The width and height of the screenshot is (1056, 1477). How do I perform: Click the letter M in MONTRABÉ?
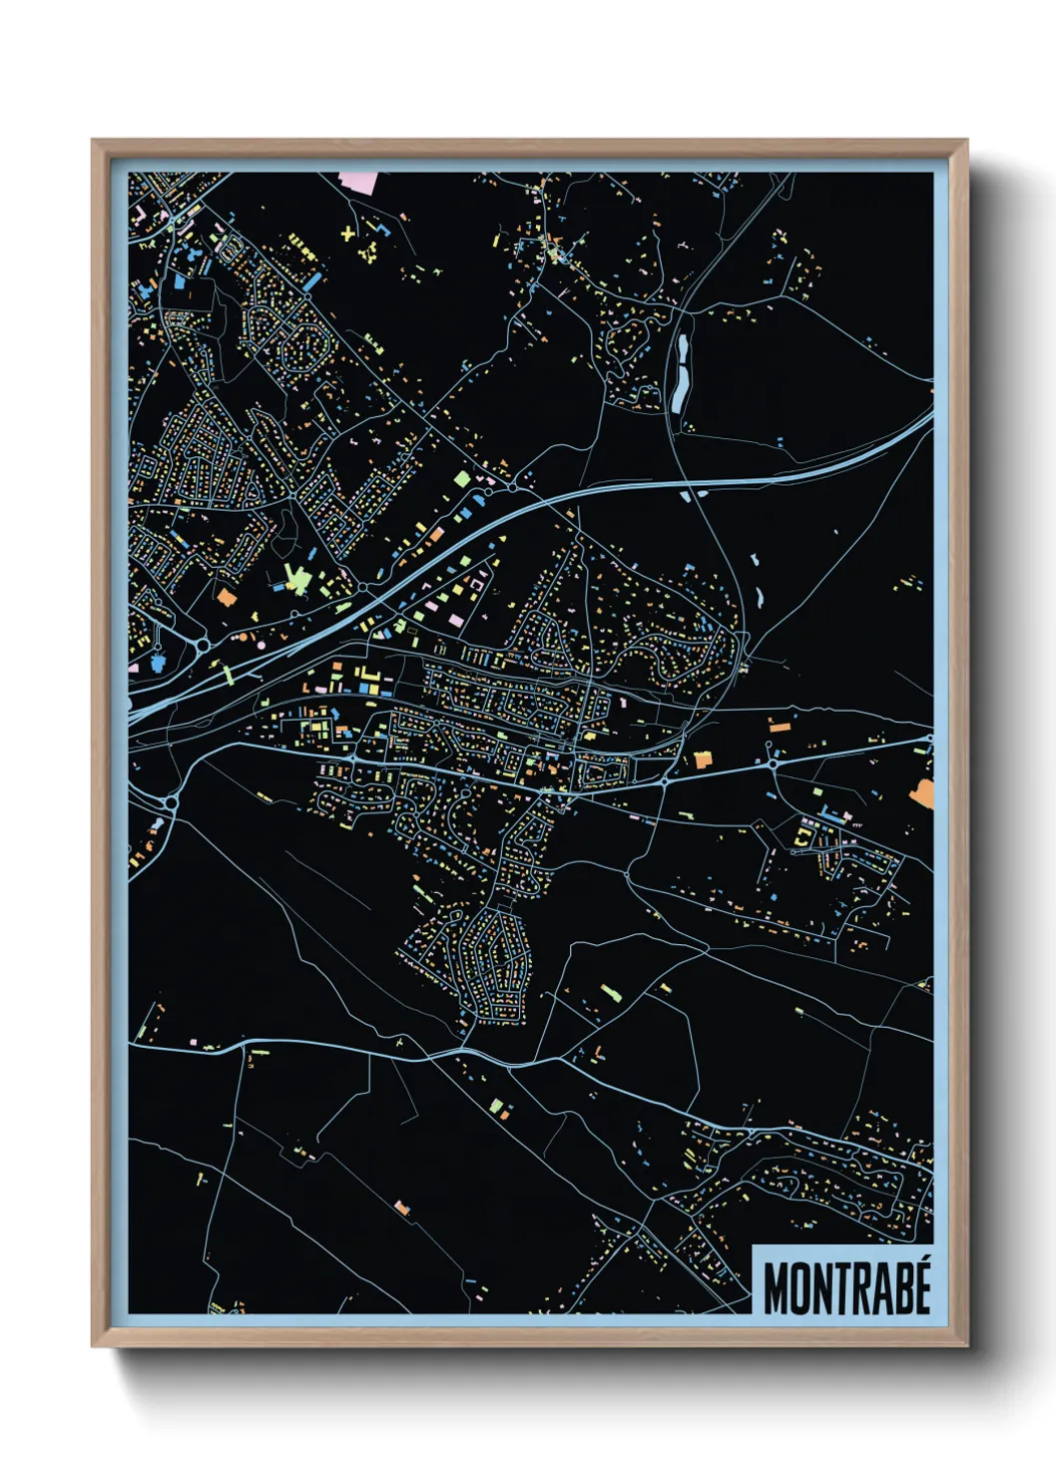[x=777, y=1289]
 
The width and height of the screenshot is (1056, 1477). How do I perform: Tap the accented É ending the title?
[x=921, y=1286]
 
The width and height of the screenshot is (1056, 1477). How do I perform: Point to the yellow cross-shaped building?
[x=347, y=234]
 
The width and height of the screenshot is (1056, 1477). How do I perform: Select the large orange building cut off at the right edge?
[x=922, y=791]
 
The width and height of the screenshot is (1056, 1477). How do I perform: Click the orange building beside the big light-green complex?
[x=227, y=597]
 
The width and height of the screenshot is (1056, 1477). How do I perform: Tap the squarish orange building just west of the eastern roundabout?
[x=704, y=759]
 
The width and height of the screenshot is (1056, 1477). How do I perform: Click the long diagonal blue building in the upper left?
[x=312, y=282]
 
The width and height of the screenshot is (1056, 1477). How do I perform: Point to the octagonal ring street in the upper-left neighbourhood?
[x=230, y=249]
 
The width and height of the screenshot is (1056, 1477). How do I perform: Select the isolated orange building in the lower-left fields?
[x=402, y=1209]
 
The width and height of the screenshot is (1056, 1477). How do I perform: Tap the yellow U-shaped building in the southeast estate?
[x=803, y=837]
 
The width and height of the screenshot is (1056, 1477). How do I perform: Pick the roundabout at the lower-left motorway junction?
[x=171, y=801]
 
